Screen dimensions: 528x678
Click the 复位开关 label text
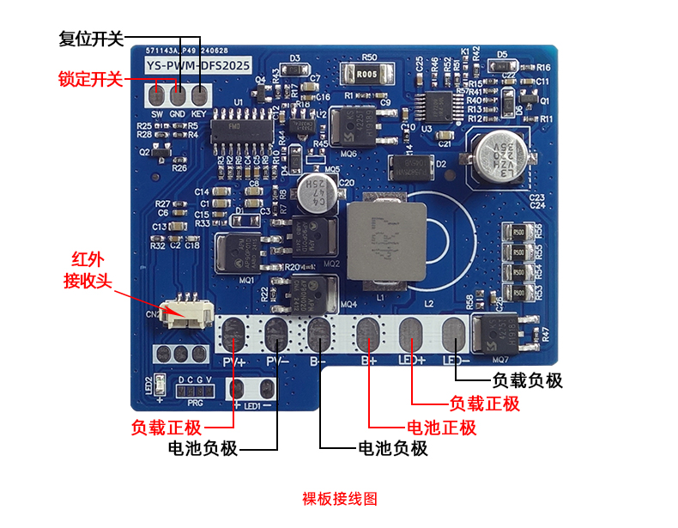pos(91,39)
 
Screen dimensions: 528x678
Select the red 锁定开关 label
pos(91,78)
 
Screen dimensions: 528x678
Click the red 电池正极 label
pos(441,427)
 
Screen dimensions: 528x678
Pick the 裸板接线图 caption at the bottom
pos(340,499)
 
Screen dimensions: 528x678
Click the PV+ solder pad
pos(235,332)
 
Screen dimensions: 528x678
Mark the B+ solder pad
pos(369,332)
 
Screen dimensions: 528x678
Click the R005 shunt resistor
pos(367,74)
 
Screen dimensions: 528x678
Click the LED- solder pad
pos(454,332)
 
